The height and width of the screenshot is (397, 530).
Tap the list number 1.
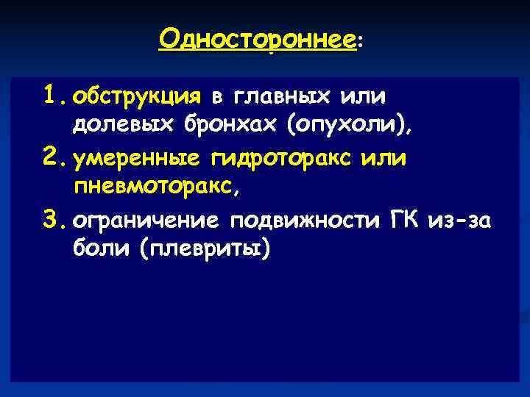coord(55,94)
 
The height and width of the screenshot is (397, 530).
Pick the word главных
coord(283,96)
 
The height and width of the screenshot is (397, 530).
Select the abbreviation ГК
coord(406,221)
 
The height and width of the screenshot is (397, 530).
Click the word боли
coord(102,250)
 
